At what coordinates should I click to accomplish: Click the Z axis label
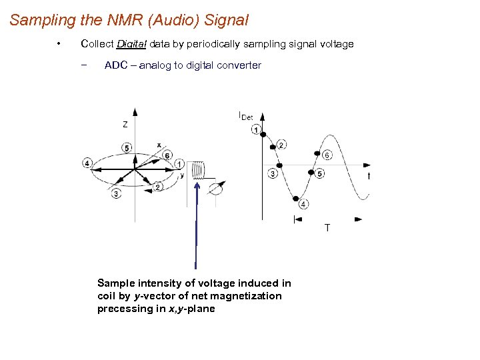(x=125, y=124)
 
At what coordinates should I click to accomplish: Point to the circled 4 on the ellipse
(x=88, y=163)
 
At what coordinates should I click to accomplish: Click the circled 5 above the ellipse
(x=127, y=147)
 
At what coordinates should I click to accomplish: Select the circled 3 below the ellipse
(x=117, y=194)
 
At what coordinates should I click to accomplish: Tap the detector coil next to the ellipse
(x=198, y=170)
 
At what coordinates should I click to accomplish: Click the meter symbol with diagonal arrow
(x=217, y=189)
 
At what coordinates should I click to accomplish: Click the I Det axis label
(x=245, y=116)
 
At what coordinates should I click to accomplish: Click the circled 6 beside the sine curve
(x=327, y=155)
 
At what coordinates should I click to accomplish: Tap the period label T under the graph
(x=327, y=228)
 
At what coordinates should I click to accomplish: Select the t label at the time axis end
(x=369, y=176)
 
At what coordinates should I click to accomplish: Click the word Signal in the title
(x=228, y=20)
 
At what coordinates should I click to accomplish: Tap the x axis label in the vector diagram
(x=159, y=145)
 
